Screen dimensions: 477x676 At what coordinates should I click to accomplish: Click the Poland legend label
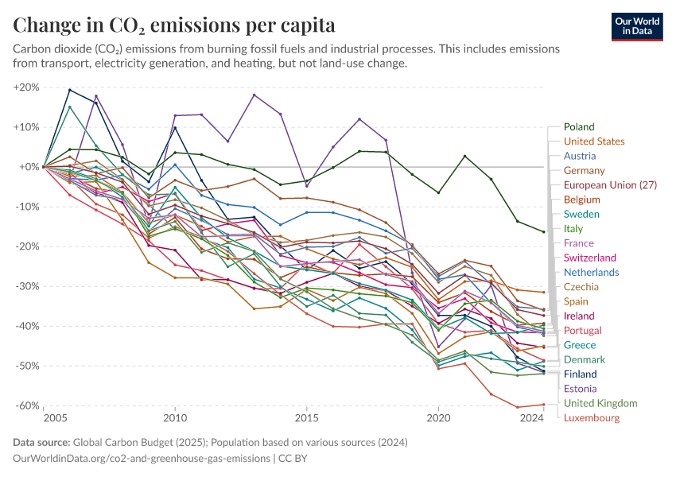tap(579, 127)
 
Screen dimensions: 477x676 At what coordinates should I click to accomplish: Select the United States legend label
tap(594, 142)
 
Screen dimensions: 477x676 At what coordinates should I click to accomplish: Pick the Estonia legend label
tap(581, 389)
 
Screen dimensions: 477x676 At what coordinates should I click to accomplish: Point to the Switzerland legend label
tap(590, 258)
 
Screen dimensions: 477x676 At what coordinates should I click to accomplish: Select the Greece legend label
tap(580, 345)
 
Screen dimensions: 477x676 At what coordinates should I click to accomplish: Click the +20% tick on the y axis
tap(27, 87)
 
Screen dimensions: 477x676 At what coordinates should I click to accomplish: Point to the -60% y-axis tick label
tap(27, 405)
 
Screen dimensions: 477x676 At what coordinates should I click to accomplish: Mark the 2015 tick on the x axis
tap(306, 417)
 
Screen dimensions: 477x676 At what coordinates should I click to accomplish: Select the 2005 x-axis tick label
tap(55, 417)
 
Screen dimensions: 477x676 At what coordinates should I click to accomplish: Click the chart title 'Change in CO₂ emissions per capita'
tap(174, 25)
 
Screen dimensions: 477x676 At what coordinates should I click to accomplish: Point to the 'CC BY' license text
tap(291, 459)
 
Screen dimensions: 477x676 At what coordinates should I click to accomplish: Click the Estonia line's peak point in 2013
tap(254, 95)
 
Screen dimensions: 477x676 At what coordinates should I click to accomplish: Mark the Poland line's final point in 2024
tap(544, 231)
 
